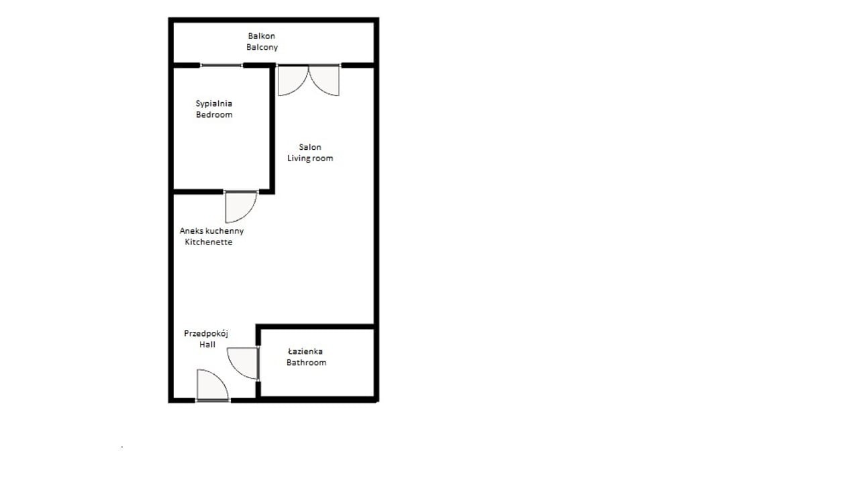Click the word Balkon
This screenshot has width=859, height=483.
(x=262, y=36)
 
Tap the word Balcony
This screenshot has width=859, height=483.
(x=262, y=47)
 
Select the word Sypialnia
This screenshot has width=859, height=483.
(x=213, y=103)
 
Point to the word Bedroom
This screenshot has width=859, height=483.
(x=214, y=114)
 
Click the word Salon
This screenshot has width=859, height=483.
(x=310, y=147)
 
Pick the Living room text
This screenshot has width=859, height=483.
(x=310, y=158)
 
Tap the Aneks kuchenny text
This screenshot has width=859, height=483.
(x=211, y=231)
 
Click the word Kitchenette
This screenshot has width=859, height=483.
(x=209, y=243)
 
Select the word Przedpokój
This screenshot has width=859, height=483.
(x=206, y=334)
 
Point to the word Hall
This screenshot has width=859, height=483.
(x=207, y=345)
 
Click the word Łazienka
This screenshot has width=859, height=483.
(x=305, y=351)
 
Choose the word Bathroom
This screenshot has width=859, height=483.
(x=307, y=363)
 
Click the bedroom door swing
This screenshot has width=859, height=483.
(x=240, y=207)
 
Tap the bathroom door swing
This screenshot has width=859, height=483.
(x=242, y=363)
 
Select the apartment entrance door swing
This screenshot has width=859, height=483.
(x=213, y=384)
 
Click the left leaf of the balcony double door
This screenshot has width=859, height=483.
(x=293, y=81)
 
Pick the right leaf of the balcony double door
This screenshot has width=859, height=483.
(x=324, y=81)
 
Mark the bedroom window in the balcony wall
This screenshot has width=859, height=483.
(x=221, y=66)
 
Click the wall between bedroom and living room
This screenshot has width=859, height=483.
(x=272, y=128)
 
